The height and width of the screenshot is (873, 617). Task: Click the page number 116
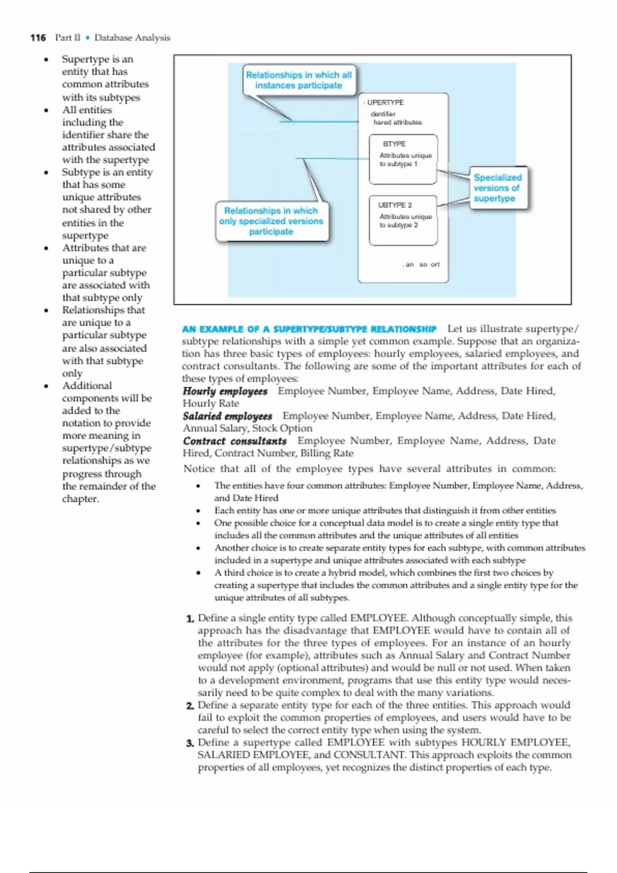tap(38, 37)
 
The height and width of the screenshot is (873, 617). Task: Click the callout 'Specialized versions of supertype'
tap(497, 188)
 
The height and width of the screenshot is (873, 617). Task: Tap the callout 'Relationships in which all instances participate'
tap(299, 80)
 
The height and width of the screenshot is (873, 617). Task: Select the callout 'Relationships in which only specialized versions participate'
tap(271, 221)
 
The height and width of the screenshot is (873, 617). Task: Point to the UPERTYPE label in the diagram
tap(385, 103)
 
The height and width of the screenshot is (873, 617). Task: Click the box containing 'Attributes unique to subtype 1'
tap(403, 159)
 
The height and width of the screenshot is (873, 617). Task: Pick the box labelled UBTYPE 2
tap(403, 220)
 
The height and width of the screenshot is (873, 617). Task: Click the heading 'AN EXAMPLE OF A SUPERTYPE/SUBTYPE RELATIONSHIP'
tap(309, 329)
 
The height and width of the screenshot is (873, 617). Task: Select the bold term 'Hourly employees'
tap(225, 391)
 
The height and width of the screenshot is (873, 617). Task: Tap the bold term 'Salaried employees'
tap(227, 416)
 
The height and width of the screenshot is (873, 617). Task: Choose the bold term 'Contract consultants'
tap(234, 441)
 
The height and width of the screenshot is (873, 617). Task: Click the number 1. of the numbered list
tap(190, 619)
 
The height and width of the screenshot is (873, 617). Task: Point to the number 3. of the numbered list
tap(190, 743)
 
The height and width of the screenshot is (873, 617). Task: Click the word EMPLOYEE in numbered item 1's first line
tap(378, 618)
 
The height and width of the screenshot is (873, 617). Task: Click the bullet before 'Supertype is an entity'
tap(46, 60)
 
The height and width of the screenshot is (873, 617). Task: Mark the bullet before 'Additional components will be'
tap(46, 386)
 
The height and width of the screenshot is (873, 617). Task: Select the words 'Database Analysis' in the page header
tap(132, 37)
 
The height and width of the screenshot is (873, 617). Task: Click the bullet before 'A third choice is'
tap(198, 573)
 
